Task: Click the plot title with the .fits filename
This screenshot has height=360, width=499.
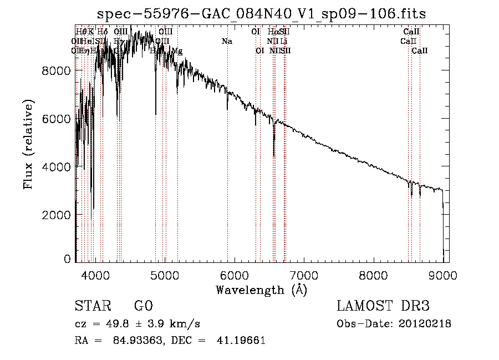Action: tap(261, 14)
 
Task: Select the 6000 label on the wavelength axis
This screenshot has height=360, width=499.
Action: tap(234, 275)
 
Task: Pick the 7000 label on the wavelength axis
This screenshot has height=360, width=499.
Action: tap(303, 275)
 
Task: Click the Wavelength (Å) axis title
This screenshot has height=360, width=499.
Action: tap(261, 290)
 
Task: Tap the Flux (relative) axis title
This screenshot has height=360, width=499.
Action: tap(28, 144)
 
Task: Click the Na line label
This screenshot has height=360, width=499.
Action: tap(226, 41)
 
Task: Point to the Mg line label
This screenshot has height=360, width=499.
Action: tap(177, 51)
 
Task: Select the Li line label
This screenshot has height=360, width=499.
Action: tap(283, 41)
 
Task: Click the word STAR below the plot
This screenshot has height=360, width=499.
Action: tap(91, 306)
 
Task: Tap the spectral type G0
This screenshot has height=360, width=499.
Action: tap(143, 306)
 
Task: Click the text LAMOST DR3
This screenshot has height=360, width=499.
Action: tap(383, 306)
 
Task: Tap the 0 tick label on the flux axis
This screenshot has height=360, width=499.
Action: tap(68, 259)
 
